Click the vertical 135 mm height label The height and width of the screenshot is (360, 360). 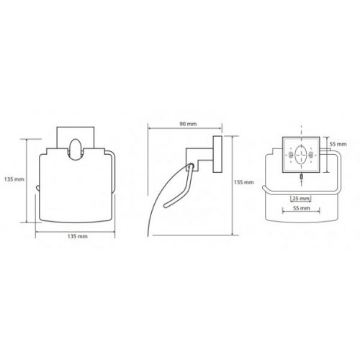pyautogui.click(x=14, y=179)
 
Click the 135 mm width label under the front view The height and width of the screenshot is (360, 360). pyautogui.click(x=77, y=236)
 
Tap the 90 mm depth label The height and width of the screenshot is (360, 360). pyautogui.click(x=188, y=124)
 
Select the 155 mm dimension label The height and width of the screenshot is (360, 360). pyautogui.click(x=243, y=182)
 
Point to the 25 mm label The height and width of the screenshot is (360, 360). pyautogui.click(x=301, y=199)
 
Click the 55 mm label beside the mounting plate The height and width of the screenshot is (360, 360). pyautogui.click(x=338, y=144)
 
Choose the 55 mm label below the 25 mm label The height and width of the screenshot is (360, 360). pyautogui.click(x=301, y=208)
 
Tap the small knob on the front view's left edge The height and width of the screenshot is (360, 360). pyautogui.click(x=37, y=188)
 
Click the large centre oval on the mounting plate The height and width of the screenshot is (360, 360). pyautogui.click(x=301, y=155)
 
